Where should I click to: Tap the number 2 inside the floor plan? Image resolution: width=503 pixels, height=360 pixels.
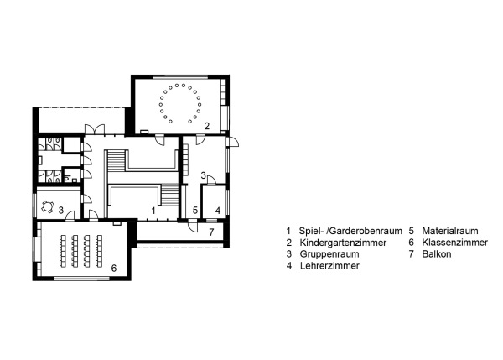click(x=205, y=125)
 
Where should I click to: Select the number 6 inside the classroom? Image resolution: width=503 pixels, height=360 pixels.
click(x=114, y=268)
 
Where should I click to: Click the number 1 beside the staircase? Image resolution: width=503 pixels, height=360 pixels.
click(x=153, y=209)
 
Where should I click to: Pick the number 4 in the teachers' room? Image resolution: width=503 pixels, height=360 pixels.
click(x=217, y=210)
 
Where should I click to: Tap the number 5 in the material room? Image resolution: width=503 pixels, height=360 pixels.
click(x=194, y=210)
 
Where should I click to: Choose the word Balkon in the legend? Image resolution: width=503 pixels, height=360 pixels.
click(x=437, y=253)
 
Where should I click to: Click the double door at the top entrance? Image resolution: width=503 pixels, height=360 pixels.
click(x=93, y=128)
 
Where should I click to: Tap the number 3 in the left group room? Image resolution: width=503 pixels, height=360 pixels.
click(x=72, y=209)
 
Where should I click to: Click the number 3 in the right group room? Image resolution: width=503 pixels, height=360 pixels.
click(x=203, y=175)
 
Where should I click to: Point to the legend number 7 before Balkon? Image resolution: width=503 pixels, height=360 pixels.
click(x=412, y=253)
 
